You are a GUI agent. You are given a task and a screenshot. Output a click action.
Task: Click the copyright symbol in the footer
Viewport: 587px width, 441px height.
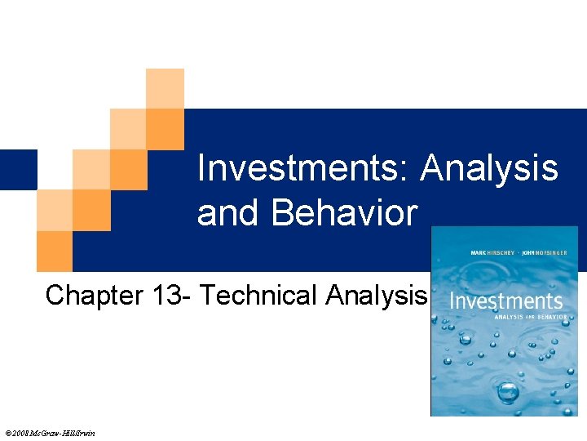click(7, 433)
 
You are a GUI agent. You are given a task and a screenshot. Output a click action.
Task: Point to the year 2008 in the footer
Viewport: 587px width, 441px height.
click(20, 433)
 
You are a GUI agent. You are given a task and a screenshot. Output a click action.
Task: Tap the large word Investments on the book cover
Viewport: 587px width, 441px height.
click(505, 301)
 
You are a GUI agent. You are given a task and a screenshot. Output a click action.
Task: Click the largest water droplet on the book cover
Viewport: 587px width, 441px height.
click(508, 393)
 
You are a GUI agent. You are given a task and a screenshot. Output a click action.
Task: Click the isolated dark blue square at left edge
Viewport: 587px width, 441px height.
click(18, 169)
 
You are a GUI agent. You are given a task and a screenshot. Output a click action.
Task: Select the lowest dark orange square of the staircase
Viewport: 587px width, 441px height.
click(55, 251)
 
